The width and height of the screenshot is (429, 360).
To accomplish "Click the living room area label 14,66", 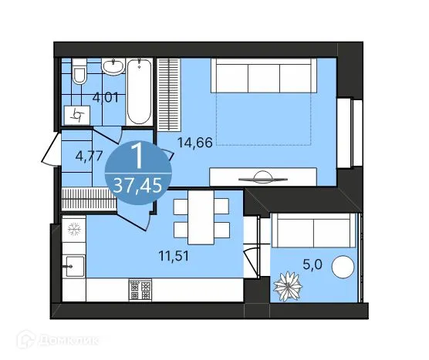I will coord(194,142).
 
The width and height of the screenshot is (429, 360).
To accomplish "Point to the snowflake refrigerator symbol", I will coord(74,229).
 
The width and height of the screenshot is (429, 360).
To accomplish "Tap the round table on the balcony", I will coord(343,269).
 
